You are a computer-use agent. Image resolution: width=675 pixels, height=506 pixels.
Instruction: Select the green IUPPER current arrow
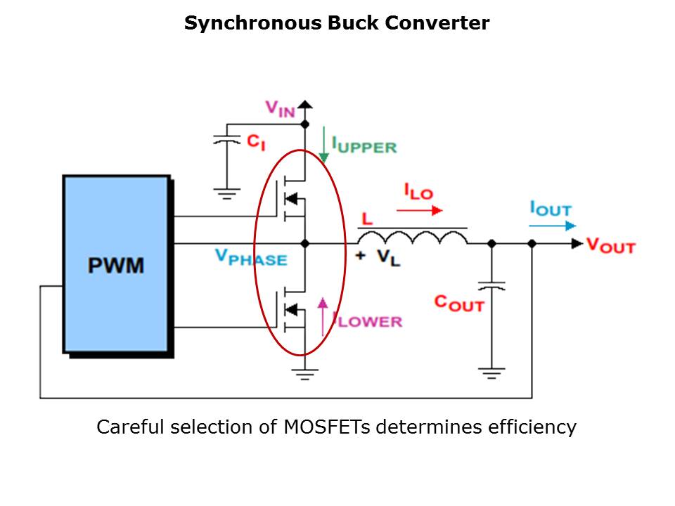(324, 146)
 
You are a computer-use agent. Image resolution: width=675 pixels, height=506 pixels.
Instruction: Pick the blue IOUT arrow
(553, 226)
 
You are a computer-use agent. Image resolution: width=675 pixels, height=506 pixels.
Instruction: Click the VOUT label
(610, 245)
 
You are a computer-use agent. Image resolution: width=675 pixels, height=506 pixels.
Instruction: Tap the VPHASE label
(251, 258)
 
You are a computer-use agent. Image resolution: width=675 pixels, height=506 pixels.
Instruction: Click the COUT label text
(458, 303)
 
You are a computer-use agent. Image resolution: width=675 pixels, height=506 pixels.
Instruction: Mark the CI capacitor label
(256, 141)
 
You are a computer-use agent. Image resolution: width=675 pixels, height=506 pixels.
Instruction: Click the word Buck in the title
(355, 23)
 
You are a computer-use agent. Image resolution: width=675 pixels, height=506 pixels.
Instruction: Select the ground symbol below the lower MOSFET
(304, 374)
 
